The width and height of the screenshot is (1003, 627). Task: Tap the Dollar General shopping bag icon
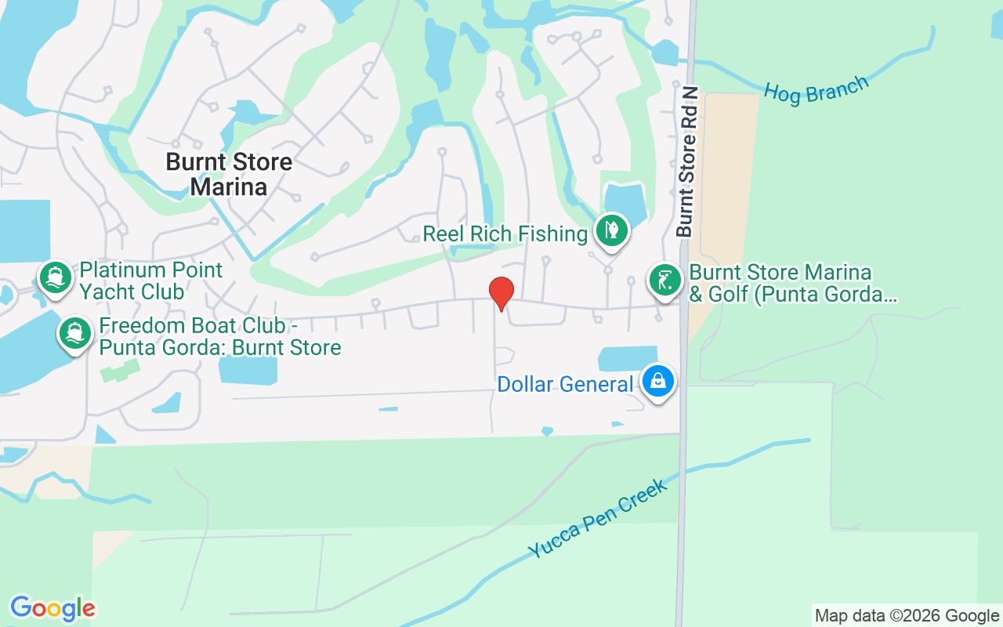coord(659,382)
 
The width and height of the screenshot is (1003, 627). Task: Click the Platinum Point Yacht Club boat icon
coord(55,277)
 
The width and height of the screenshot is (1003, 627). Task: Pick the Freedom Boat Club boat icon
coord(75,334)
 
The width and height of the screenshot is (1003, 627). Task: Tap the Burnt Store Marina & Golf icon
coord(664,281)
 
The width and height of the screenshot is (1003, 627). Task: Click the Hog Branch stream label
coord(816,90)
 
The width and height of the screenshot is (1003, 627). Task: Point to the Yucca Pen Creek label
coord(597,519)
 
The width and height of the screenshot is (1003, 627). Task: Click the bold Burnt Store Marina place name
coord(229,174)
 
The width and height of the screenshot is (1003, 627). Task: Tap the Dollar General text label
coord(565,385)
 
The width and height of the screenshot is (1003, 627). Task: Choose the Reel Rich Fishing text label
coord(505,234)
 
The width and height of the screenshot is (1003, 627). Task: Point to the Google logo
coord(53,608)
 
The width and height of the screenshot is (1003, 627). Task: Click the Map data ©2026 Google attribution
coord(907,615)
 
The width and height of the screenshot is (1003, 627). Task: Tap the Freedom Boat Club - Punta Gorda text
coord(219,336)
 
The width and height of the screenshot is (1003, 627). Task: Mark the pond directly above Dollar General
coord(628,358)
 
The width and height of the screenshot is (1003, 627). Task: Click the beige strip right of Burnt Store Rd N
coord(729,172)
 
